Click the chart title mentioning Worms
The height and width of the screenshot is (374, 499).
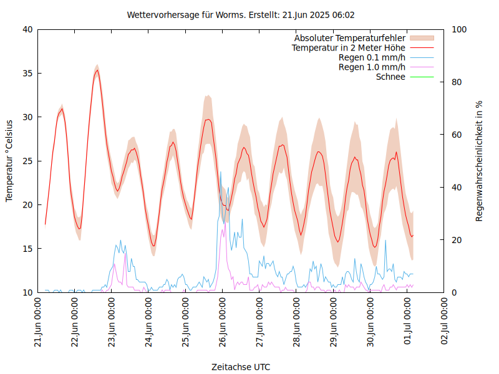pos(241,14)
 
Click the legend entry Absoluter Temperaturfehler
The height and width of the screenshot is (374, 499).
pos(350,38)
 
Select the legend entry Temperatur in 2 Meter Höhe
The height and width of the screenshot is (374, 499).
pos(349,47)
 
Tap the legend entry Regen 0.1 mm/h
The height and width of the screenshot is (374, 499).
pos(372,57)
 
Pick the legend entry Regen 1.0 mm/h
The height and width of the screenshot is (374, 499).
pos(372,67)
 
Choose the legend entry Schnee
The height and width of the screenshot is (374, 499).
pos(390,77)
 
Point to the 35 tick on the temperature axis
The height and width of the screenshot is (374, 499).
pos(27,74)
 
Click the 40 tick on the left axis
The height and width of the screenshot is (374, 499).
pos(27,29)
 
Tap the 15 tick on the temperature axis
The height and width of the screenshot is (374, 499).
pos(27,249)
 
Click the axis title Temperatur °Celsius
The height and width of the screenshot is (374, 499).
pos(9,160)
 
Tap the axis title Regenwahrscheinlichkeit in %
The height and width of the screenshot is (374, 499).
pos(479,160)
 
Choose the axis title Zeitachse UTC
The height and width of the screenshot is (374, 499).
pos(241,367)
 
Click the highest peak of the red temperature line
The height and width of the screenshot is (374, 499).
pos(97,70)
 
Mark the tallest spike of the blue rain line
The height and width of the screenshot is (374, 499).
pos(221,172)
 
